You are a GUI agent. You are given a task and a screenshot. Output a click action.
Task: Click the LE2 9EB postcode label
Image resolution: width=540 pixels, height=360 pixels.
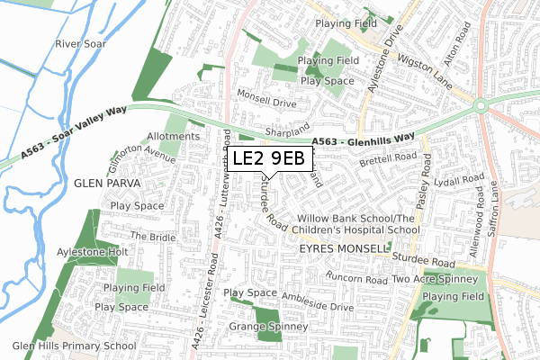[268, 159]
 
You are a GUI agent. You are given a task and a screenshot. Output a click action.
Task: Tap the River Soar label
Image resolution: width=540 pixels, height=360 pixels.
[78, 43]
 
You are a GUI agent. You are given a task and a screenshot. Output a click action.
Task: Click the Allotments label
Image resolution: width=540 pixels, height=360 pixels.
[174, 136]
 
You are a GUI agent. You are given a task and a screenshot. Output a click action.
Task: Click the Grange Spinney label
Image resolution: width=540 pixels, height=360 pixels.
[268, 326]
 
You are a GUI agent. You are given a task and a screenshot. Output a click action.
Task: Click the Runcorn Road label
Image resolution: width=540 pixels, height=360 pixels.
[356, 276]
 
